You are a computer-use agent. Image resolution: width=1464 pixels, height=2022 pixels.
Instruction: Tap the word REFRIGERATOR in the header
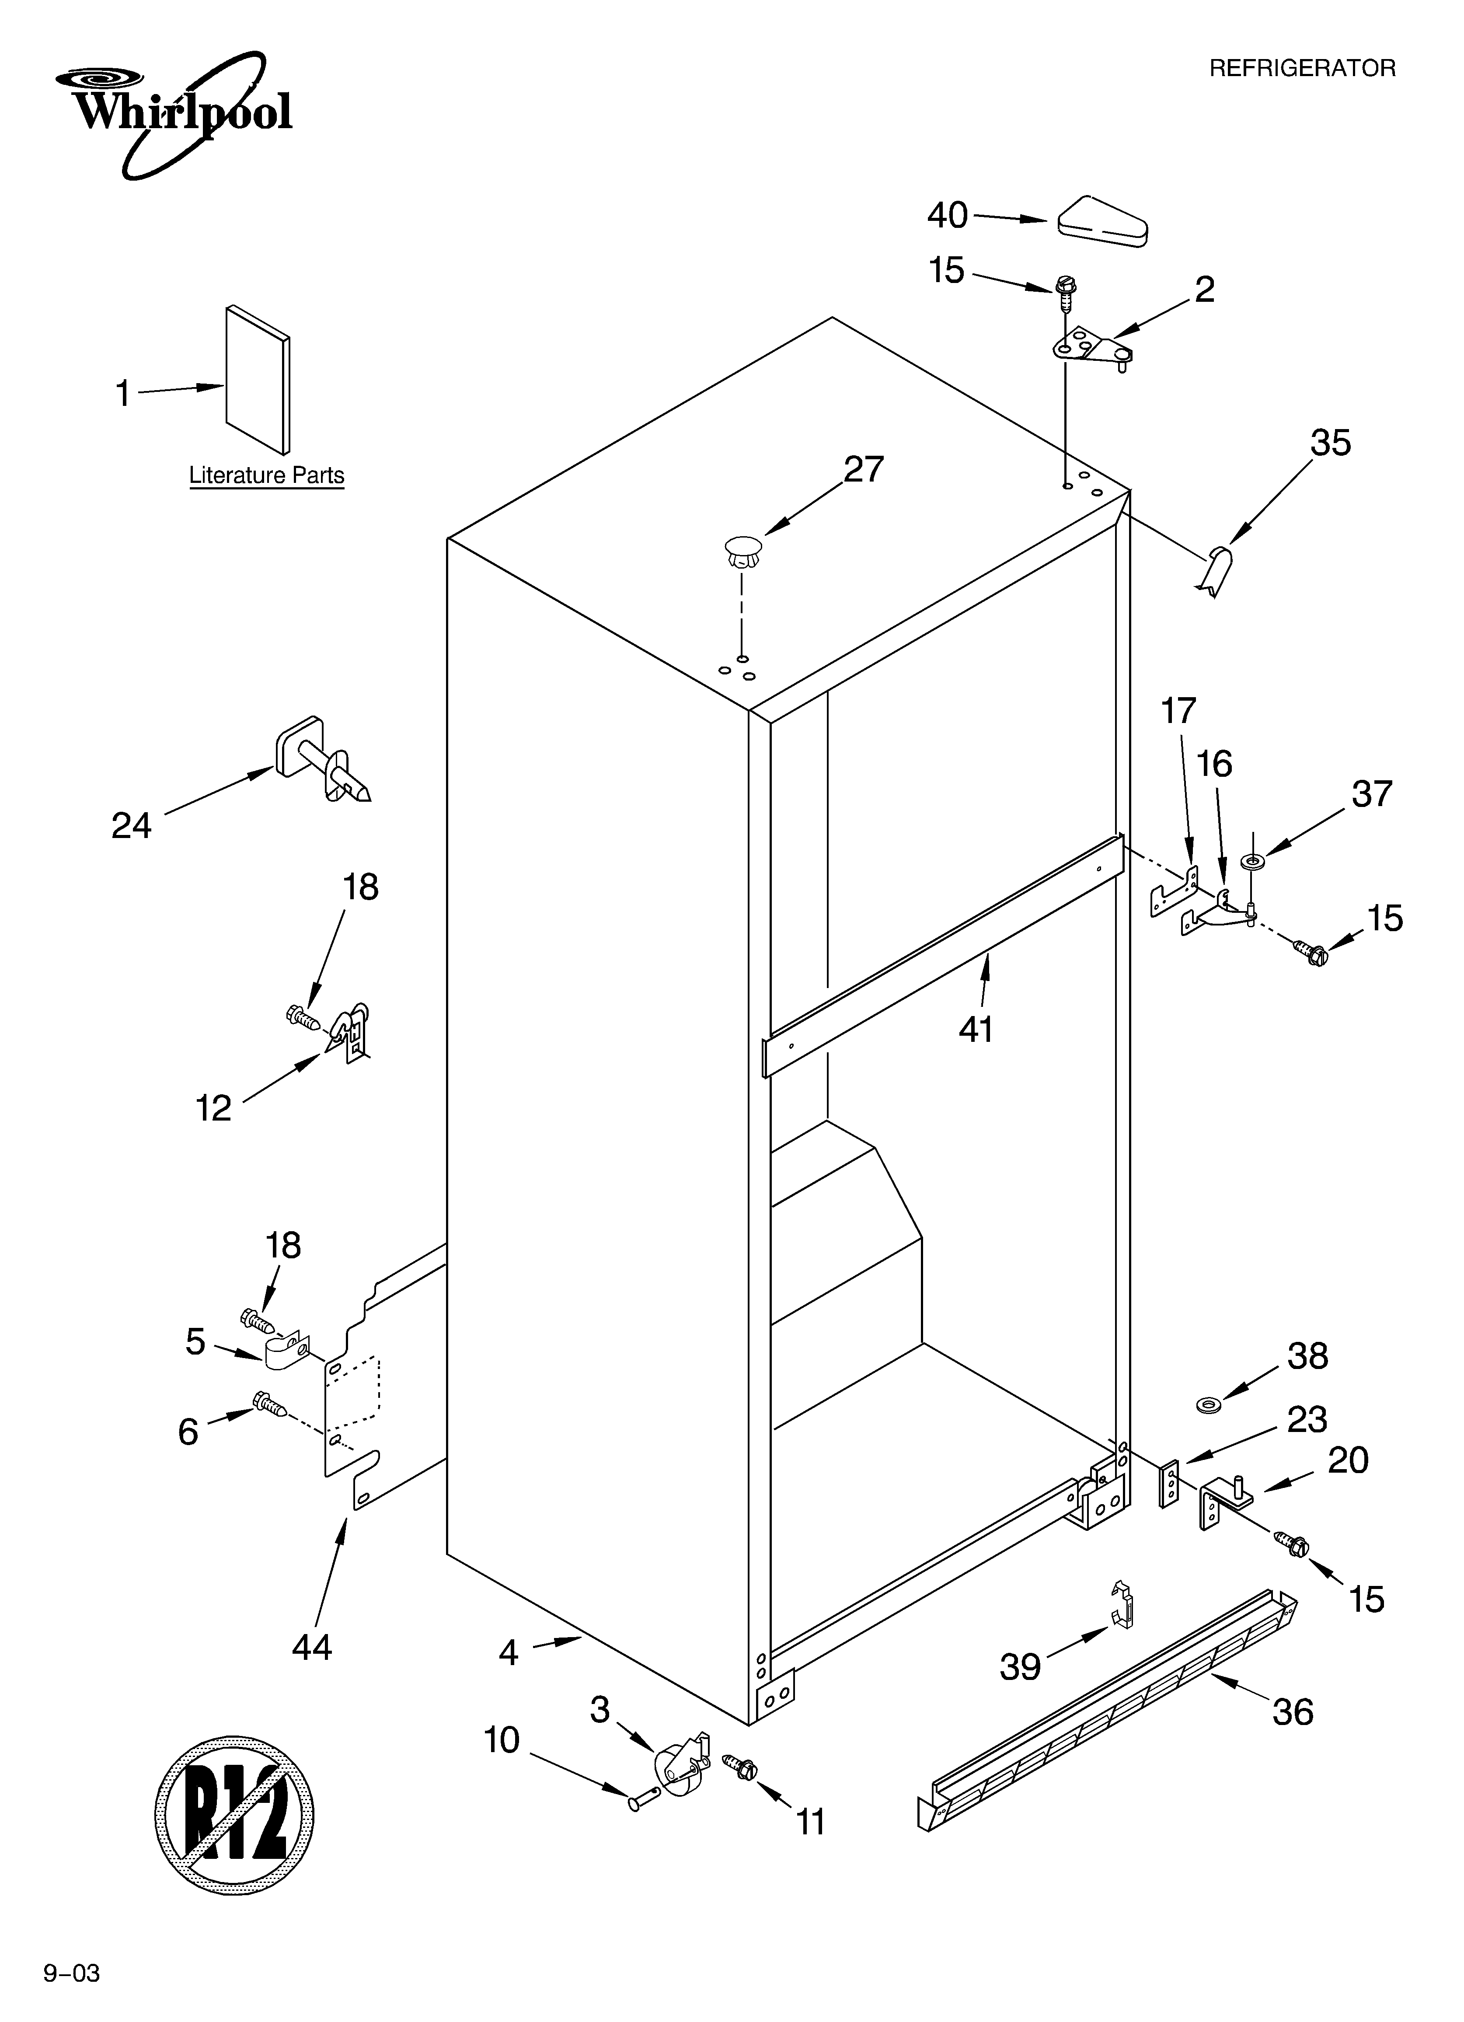tap(1302, 69)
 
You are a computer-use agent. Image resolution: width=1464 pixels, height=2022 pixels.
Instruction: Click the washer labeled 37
tap(1253, 861)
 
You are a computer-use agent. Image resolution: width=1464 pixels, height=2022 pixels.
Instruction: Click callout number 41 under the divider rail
tap(976, 1030)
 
